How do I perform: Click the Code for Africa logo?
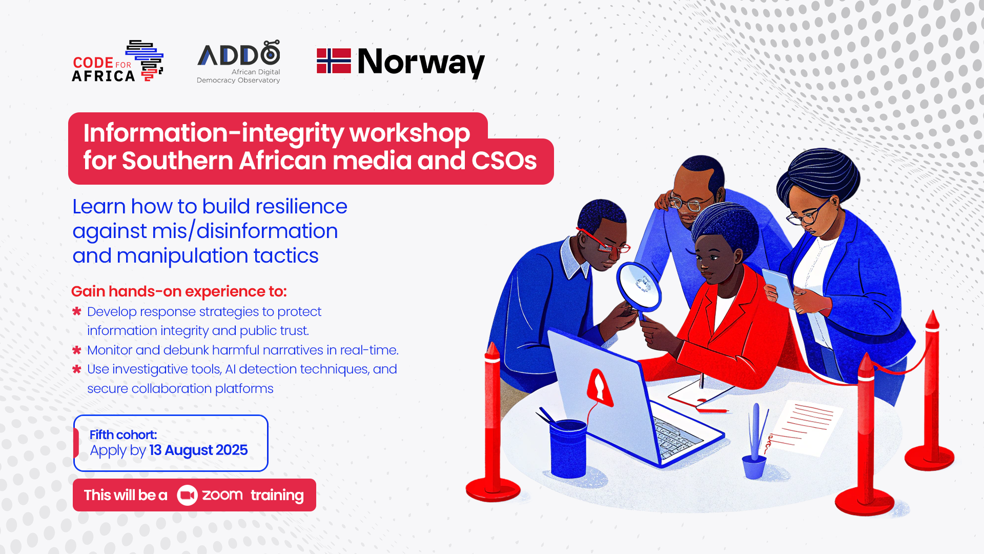point(117,62)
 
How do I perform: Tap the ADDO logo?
point(239,62)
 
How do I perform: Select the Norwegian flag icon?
point(334,61)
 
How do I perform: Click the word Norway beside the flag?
point(421,62)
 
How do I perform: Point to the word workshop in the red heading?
point(409,133)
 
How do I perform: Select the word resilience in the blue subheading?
point(301,207)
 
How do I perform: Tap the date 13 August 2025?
point(198,450)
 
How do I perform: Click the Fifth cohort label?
point(123,435)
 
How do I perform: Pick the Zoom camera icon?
point(187,495)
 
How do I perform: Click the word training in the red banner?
point(277,495)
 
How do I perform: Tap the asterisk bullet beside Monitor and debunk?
point(77,350)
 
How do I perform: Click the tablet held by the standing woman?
point(778,287)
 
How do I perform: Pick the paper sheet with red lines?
point(805,426)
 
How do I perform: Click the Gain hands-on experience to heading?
point(179,291)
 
